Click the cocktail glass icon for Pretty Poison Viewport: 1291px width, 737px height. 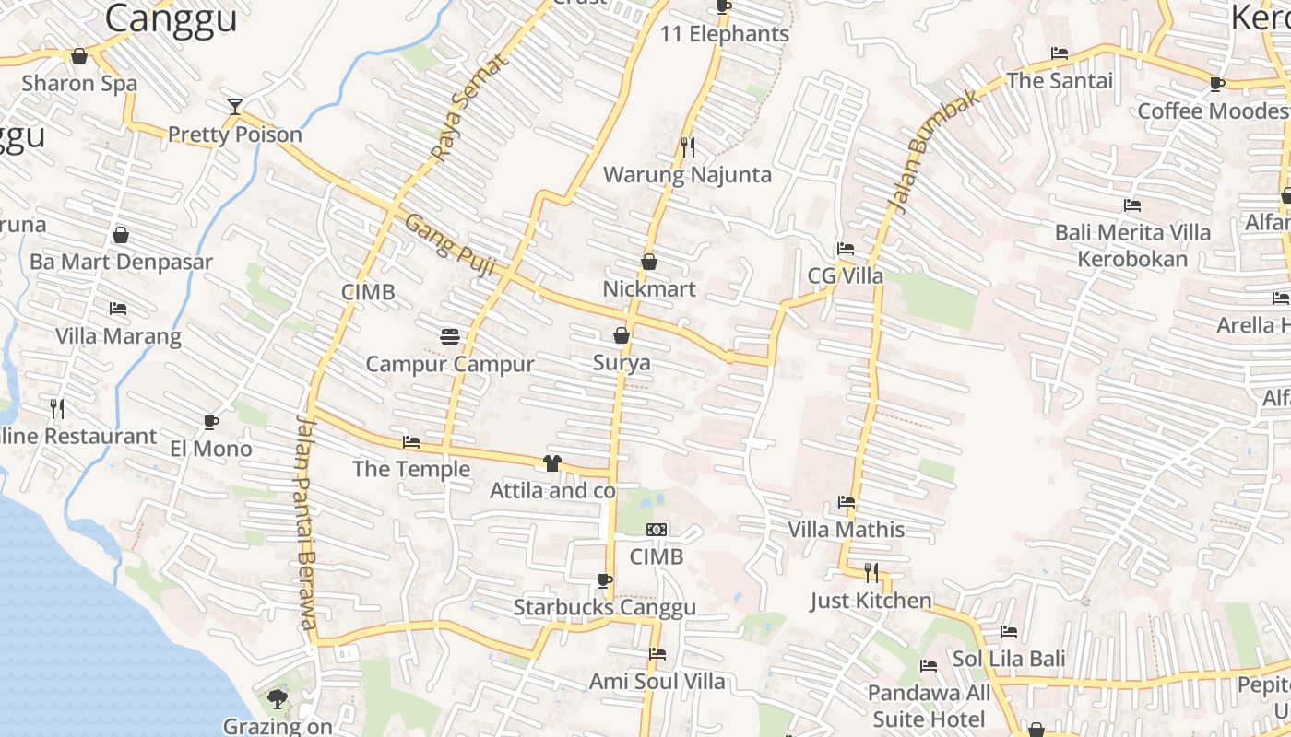[x=235, y=107]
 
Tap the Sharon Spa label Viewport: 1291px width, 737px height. [x=79, y=83]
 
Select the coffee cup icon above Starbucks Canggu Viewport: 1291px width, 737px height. [x=604, y=580]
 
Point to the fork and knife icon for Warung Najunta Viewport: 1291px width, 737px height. [x=687, y=146]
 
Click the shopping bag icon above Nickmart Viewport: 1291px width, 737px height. [x=649, y=262]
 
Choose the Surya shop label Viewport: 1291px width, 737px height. [x=622, y=363]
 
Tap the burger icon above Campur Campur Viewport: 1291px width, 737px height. [x=450, y=337]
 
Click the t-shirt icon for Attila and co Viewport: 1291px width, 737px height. [x=551, y=463]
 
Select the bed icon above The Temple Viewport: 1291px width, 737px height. [x=411, y=442]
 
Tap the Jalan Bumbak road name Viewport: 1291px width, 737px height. [x=931, y=152]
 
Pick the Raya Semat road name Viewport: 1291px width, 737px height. [x=470, y=108]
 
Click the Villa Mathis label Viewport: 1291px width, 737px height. [x=846, y=530]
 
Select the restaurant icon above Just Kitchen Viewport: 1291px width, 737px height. [x=871, y=573]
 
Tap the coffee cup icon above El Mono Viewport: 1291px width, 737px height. [x=211, y=422]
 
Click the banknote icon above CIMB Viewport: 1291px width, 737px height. [x=657, y=530]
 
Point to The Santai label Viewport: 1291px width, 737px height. [x=1060, y=80]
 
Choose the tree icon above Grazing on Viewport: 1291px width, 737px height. [x=277, y=700]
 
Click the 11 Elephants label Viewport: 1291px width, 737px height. [x=725, y=34]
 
